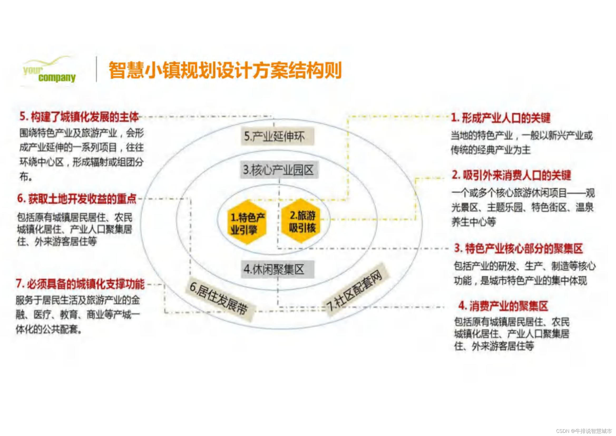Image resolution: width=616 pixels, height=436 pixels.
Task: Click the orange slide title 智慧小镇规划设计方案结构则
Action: [x=225, y=70]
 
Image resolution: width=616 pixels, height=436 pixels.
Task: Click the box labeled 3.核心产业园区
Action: [x=279, y=170]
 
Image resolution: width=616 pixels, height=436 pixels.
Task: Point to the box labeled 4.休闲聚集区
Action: [x=277, y=269]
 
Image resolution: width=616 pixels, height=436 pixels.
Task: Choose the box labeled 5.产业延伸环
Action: [x=277, y=136]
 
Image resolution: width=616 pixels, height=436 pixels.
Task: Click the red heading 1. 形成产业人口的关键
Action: [x=501, y=118]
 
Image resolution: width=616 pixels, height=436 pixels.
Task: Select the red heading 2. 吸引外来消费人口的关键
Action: [x=511, y=175]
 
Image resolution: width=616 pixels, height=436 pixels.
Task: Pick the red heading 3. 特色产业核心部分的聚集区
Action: [x=518, y=248]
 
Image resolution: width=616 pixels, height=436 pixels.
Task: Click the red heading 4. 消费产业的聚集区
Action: [x=503, y=306]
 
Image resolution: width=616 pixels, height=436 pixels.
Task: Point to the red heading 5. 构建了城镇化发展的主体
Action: [x=79, y=117]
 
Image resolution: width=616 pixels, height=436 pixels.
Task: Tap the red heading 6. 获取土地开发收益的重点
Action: [x=77, y=199]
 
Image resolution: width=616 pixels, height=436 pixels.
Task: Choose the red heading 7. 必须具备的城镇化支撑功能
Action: [x=80, y=284]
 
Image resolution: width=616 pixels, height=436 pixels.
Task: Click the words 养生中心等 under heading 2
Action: [x=473, y=222]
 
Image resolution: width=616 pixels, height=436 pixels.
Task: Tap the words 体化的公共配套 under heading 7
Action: [x=48, y=329]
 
